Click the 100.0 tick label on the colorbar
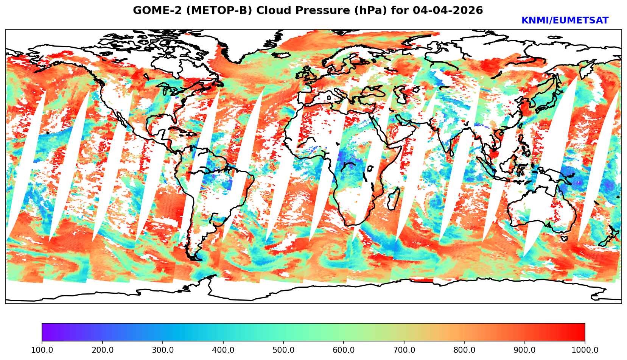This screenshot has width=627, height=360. tap(42, 350)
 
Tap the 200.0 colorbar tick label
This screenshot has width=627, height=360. tap(102, 350)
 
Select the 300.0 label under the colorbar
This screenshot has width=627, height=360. tap(163, 350)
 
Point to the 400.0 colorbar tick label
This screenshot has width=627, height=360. tap(223, 350)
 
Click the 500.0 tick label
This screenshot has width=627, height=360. tap(283, 350)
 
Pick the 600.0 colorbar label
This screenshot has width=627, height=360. tap(344, 350)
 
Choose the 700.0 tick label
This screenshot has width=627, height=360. tap(404, 350)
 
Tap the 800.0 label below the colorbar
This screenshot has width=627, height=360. tap(464, 350)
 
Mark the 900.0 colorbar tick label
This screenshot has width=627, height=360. tap(525, 350)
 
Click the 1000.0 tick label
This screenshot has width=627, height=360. tap(585, 350)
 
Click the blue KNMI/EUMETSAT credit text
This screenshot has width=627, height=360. tap(565, 21)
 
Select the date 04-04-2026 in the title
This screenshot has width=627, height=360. tap(448, 11)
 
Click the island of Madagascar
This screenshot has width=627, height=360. tap(394, 199)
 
